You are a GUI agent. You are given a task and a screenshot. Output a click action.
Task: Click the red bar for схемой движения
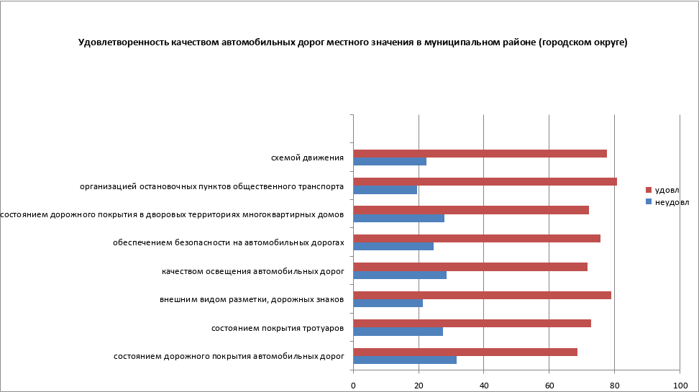pyautogui.click(x=480, y=153)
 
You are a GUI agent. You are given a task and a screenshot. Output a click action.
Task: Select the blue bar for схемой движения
pyautogui.click(x=390, y=161)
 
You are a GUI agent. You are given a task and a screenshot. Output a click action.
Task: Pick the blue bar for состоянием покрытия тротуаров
pyautogui.click(x=398, y=332)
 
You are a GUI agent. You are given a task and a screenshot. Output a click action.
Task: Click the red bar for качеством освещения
pyautogui.click(x=470, y=267)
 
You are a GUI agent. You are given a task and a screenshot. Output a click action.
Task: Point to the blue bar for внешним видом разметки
pyautogui.click(x=388, y=303)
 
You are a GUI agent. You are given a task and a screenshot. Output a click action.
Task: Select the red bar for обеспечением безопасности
pyautogui.click(x=477, y=238)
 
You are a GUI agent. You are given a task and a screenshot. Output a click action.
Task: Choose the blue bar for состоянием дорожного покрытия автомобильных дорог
pyautogui.click(x=405, y=360)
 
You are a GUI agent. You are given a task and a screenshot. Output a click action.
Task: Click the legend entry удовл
pyautogui.click(x=666, y=190)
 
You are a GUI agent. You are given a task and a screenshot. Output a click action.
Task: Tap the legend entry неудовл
pyautogui.click(x=670, y=201)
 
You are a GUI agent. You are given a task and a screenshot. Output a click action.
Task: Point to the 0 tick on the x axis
pyautogui.click(x=353, y=386)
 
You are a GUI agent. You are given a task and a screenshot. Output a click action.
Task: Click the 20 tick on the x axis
pyautogui.click(x=419, y=386)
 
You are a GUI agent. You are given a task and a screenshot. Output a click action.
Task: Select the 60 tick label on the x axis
pyautogui.click(x=549, y=386)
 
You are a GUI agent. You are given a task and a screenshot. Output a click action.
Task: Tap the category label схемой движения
pyautogui.click(x=307, y=158)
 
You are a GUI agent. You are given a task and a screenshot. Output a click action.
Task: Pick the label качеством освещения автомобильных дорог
pyautogui.click(x=252, y=271)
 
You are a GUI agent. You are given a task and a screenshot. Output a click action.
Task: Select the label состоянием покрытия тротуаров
pyautogui.click(x=277, y=328)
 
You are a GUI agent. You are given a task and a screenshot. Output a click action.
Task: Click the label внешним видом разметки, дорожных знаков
pyautogui.click(x=252, y=299)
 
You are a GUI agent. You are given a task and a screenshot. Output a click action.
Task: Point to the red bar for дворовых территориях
pyautogui.click(x=471, y=210)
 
